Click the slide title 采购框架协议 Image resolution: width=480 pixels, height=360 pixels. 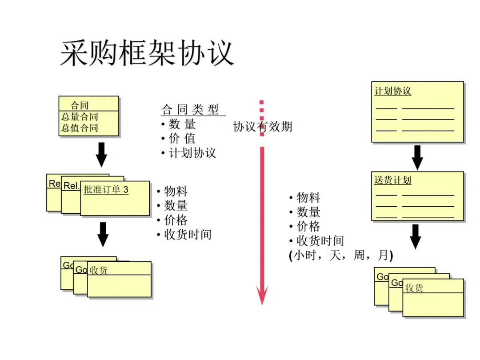point(147,53)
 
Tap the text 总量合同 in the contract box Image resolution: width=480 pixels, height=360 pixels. point(80,117)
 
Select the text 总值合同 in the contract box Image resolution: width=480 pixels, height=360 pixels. point(80,128)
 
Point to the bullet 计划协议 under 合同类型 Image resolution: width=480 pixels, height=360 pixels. point(192,153)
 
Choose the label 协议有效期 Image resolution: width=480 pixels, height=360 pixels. point(263,127)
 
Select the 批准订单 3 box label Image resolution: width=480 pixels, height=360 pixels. point(106,190)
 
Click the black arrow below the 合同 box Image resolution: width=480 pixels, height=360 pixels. point(102,154)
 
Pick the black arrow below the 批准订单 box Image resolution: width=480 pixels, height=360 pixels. point(103,234)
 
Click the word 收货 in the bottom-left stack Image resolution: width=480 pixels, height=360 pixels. point(99,270)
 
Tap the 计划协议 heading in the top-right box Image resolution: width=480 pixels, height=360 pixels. point(393,91)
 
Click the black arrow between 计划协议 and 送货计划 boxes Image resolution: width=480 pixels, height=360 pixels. point(417,157)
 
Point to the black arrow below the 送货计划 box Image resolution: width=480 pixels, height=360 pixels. point(416,236)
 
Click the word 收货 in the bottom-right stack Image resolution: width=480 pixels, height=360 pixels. point(414,288)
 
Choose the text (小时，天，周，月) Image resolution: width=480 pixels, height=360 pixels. point(341,256)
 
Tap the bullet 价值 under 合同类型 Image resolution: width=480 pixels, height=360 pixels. point(182,139)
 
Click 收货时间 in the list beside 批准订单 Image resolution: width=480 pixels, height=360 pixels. point(188,234)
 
